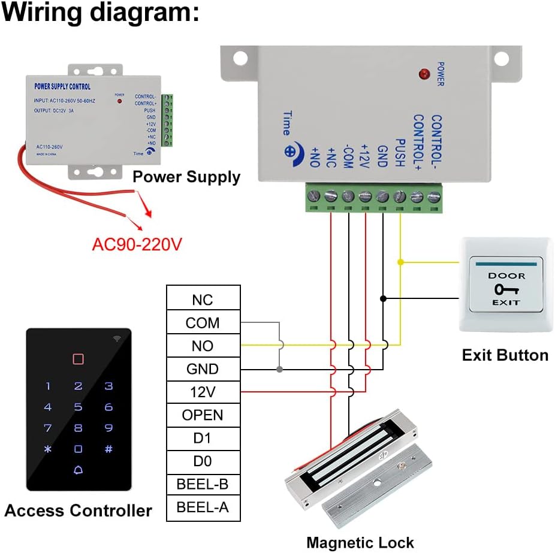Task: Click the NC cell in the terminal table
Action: tap(203, 300)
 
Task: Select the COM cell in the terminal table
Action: tap(203, 323)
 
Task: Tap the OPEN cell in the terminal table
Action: tap(203, 415)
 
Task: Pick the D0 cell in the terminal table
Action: tap(203, 461)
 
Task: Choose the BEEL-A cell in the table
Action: tap(203, 507)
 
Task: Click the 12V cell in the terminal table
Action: tap(203, 392)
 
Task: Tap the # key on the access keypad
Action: tap(108, 449)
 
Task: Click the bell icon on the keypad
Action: tap(78, 470)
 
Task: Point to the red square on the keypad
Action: tap(78, 359)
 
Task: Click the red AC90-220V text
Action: tap(136, 244)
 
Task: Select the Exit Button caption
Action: tap(505, 355)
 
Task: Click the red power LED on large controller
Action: tap(425, 75)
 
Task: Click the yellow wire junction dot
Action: tap(400, 262)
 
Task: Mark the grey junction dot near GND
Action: tap(279, 369)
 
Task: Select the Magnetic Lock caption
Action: tap(360, 543)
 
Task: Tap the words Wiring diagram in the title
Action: tap(99, 13)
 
